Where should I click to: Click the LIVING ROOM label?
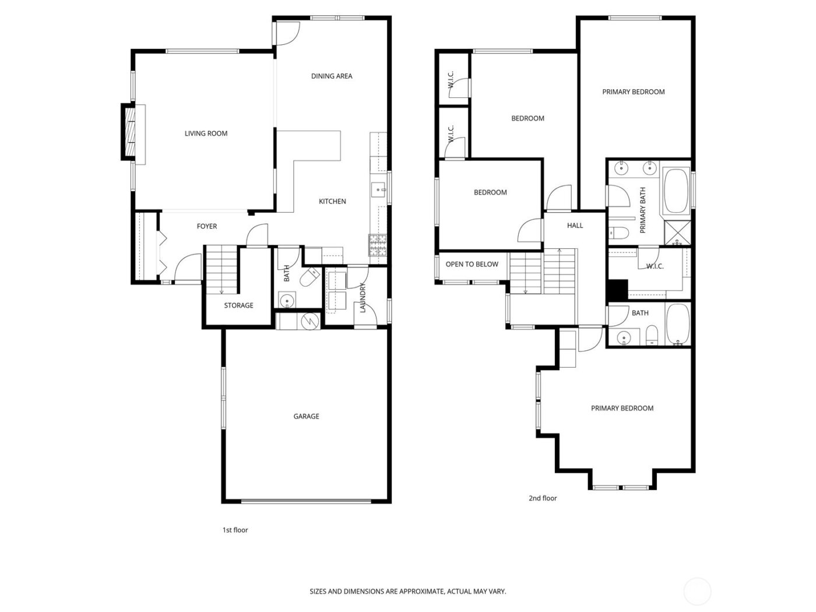206,133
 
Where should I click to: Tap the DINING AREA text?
332,76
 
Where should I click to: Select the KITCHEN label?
332,201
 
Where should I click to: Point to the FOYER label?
207,226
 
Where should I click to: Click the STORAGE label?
239,305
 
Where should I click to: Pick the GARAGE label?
306,416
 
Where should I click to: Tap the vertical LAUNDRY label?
363,297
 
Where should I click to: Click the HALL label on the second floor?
575,226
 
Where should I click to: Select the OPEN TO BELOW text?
472,264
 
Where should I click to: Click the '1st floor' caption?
235,530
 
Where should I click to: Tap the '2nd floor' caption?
543,498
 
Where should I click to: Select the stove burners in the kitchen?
378,245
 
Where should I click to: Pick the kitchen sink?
378,189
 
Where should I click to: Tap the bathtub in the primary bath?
677,191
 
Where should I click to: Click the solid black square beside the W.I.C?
617,290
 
